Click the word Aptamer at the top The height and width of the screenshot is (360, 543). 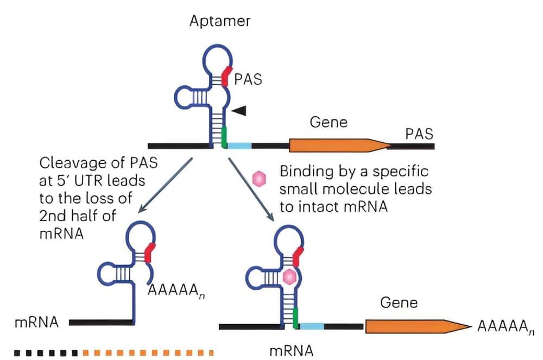pos(220,22)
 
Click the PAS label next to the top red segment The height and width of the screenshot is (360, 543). pos(248,80)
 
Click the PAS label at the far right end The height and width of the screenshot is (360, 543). pos(419,134)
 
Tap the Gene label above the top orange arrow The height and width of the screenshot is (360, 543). pos(329,122)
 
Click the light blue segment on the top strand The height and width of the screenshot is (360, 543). pos(239,146)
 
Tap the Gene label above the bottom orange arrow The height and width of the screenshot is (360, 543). pos(400,302)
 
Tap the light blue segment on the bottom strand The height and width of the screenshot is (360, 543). pos(312,326)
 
